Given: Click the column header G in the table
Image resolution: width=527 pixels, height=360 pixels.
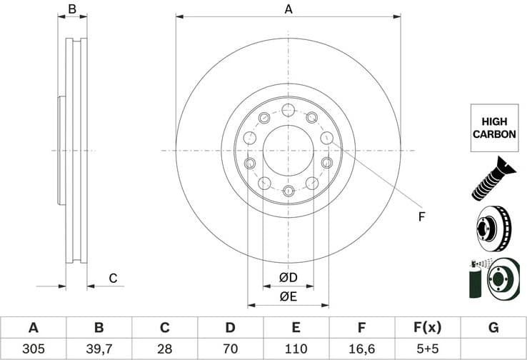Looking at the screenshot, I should [493, 328].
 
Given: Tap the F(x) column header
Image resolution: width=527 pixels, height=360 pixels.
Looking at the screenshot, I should [427, 328].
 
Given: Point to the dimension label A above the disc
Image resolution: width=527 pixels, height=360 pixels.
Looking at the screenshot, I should [288, 9].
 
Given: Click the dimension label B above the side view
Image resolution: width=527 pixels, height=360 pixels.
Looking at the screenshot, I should [71, 9].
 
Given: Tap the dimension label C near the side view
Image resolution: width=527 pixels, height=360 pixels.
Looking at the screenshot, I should [112, 278].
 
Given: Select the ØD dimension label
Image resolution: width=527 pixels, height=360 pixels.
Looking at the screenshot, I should [288, 277].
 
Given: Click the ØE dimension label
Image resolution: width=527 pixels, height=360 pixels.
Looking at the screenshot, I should [288, 296].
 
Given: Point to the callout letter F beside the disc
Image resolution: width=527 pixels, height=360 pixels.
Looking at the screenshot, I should [421, 216].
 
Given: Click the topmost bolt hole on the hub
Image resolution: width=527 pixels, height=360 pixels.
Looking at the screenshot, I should [288, 110].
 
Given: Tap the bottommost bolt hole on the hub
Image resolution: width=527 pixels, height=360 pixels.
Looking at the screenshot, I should [288, 191].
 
